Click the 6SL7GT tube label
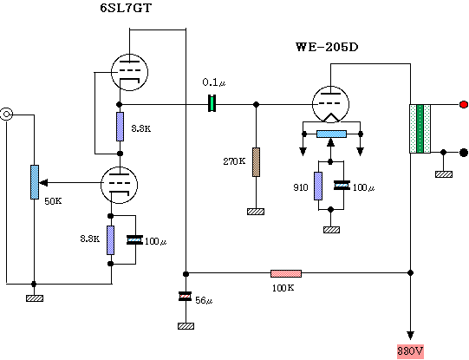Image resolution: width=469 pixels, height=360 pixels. point(126,8)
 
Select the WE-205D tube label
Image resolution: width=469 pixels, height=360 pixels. point(327,48)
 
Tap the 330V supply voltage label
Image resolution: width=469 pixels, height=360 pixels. point(410,351)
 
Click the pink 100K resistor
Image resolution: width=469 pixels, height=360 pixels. point(286,273)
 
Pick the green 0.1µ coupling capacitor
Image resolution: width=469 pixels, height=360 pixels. point(212,103)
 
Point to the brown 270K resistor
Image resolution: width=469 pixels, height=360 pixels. point(256,162)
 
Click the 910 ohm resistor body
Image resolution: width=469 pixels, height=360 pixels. point(318,186)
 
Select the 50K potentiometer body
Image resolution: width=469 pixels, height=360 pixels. point(35,182)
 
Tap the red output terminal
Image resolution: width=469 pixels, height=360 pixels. point(464,104)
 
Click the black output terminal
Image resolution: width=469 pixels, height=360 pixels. point(464,153)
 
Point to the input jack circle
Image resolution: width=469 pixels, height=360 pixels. point(7,114)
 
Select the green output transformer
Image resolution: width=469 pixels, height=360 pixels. point(420,128)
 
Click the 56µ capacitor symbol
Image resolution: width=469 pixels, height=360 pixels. point(186,297)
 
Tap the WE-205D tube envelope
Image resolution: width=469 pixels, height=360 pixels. point(330,104)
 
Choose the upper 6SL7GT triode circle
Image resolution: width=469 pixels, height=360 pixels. point(129,72)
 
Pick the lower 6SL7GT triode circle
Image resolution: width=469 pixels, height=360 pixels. point(120,185)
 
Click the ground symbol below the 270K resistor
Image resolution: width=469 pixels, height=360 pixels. point(256,212)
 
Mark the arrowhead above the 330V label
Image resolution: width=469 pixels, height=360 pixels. point(410,336)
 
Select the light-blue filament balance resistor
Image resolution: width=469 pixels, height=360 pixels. point(331,134)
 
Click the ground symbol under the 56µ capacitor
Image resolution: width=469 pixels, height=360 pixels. point(186,326)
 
